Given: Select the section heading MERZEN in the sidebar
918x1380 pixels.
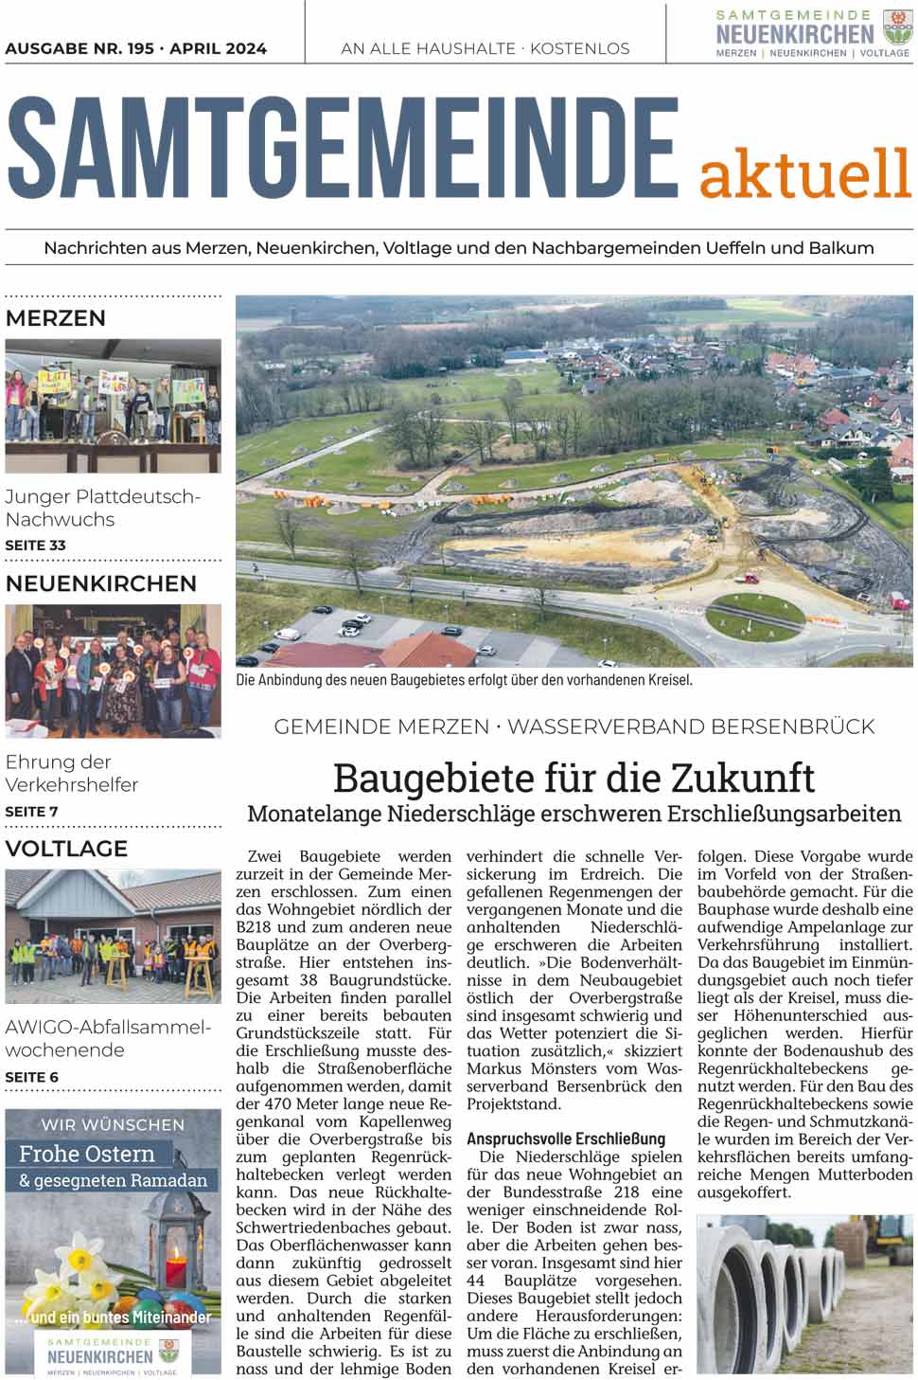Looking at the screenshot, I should (56, 318).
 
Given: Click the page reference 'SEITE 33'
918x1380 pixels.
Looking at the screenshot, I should (36, 546).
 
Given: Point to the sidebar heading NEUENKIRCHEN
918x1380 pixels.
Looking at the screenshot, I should (101, 583).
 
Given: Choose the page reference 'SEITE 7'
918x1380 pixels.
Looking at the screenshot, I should (32, 812).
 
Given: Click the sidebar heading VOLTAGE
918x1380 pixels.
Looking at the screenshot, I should (66, 849).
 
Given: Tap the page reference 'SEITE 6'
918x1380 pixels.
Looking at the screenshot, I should (32, 1077).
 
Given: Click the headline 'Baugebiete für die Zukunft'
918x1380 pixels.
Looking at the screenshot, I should (574, 778).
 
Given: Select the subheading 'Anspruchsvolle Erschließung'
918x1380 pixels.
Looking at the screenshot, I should (566, 1138).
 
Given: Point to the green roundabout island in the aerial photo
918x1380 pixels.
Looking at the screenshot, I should (754, 614).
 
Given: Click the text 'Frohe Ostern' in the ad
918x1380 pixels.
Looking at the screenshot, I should (87, 1155).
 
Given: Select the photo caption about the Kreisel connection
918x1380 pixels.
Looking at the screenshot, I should (464, 680).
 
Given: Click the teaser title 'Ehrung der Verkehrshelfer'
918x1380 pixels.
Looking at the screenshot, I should (72, 773).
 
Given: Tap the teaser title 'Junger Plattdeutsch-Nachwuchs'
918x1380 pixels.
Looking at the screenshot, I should (102, 508).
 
